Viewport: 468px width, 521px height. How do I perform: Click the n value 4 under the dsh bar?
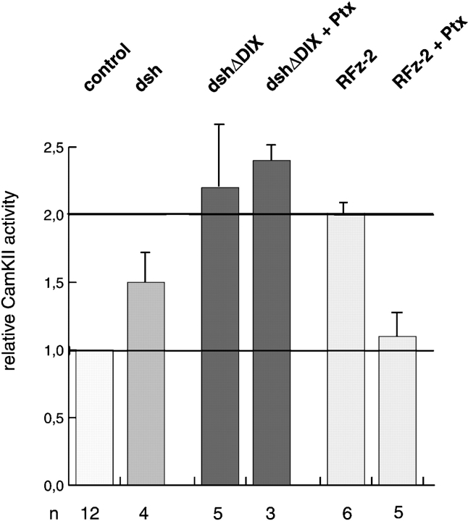146,507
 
